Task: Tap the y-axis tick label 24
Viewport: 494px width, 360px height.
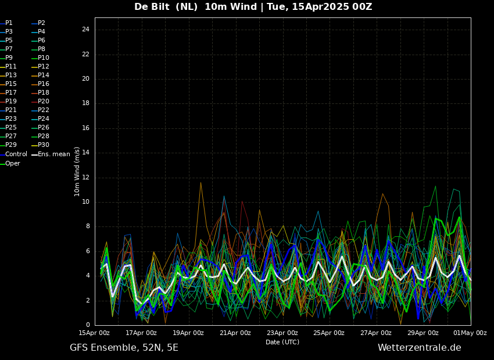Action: click(x=85, y=30)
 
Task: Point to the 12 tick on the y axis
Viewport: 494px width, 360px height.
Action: click(x=85, y=178)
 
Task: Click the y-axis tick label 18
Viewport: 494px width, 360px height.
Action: click(x=85, y=103)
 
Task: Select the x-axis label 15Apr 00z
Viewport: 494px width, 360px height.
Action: click(x=94, y=333)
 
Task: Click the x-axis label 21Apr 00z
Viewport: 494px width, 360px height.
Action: click(x=235, y=333)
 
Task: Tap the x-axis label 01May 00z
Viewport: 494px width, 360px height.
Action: click(x=470, y=333)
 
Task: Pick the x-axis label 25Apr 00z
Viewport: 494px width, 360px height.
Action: click(x=329, y=333)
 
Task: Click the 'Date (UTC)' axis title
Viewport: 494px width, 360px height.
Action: click(x=282, y=342)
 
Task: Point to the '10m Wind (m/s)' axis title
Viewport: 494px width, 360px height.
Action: click(x=77, y=171)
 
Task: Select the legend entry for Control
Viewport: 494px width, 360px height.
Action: click(x=16, y=154)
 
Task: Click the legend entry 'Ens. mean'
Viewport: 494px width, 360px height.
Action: click(x=53, y=154)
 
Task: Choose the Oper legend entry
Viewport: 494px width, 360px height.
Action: click(x=13, y=164)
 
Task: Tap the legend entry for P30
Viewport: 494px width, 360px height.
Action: click(x=44, y=145)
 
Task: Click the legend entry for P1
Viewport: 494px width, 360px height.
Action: click(x=9, y=23)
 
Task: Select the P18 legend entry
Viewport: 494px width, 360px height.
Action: click(x=44, y=92)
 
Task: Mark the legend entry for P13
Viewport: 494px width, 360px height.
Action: click(x=11, y=75)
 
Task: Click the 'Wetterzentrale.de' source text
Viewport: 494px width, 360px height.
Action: click(x=419, y=348)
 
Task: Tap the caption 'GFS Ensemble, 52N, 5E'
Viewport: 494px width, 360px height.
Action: click(x=124, y=348)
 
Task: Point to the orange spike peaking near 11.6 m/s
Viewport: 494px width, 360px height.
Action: click(x=201, y=183)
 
